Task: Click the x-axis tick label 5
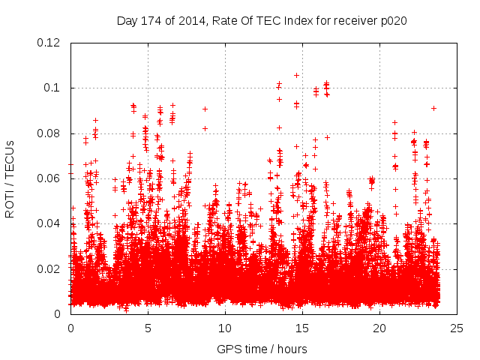pos(148,328)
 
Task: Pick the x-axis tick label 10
pos(225,328)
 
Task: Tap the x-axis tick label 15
pos(302,328)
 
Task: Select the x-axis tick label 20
pos(379,328)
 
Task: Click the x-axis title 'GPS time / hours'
pos(262,349)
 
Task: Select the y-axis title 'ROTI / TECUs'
pos(10,178)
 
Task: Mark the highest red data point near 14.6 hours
pos(296,75)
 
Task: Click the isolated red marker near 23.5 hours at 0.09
pos(433,108)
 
